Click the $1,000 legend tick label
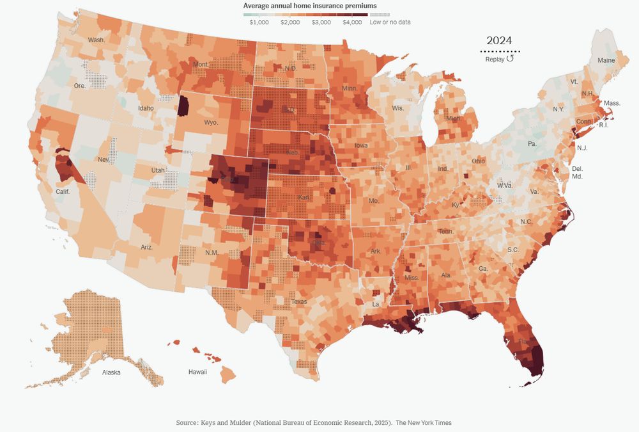(259, 22)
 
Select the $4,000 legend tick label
(352, 22)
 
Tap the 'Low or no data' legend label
(390, 22)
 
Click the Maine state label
(606, 60)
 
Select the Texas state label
(298, 301)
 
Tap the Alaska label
(112, 372)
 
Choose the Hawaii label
(197, 372)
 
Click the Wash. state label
(96, 40)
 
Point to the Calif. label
(63, 191)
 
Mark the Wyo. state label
(212, 122)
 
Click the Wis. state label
(398, 108)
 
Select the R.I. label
(603, 125)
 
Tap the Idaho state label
(146, 108)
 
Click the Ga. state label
(483, 269)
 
